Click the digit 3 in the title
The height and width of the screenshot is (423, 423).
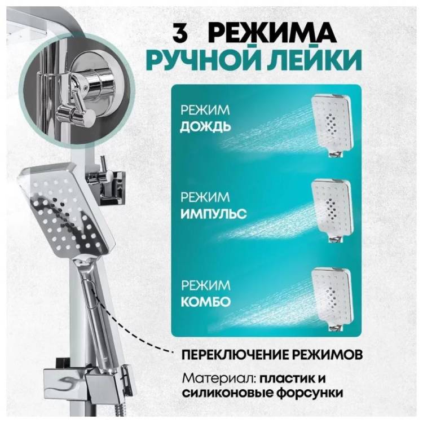(x=180, y=33)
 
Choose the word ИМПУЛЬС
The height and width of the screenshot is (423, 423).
(x=213, y=214)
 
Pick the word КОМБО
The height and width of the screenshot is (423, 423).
(x=206, y=302)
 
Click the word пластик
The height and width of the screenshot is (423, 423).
(x=286, y=378)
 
